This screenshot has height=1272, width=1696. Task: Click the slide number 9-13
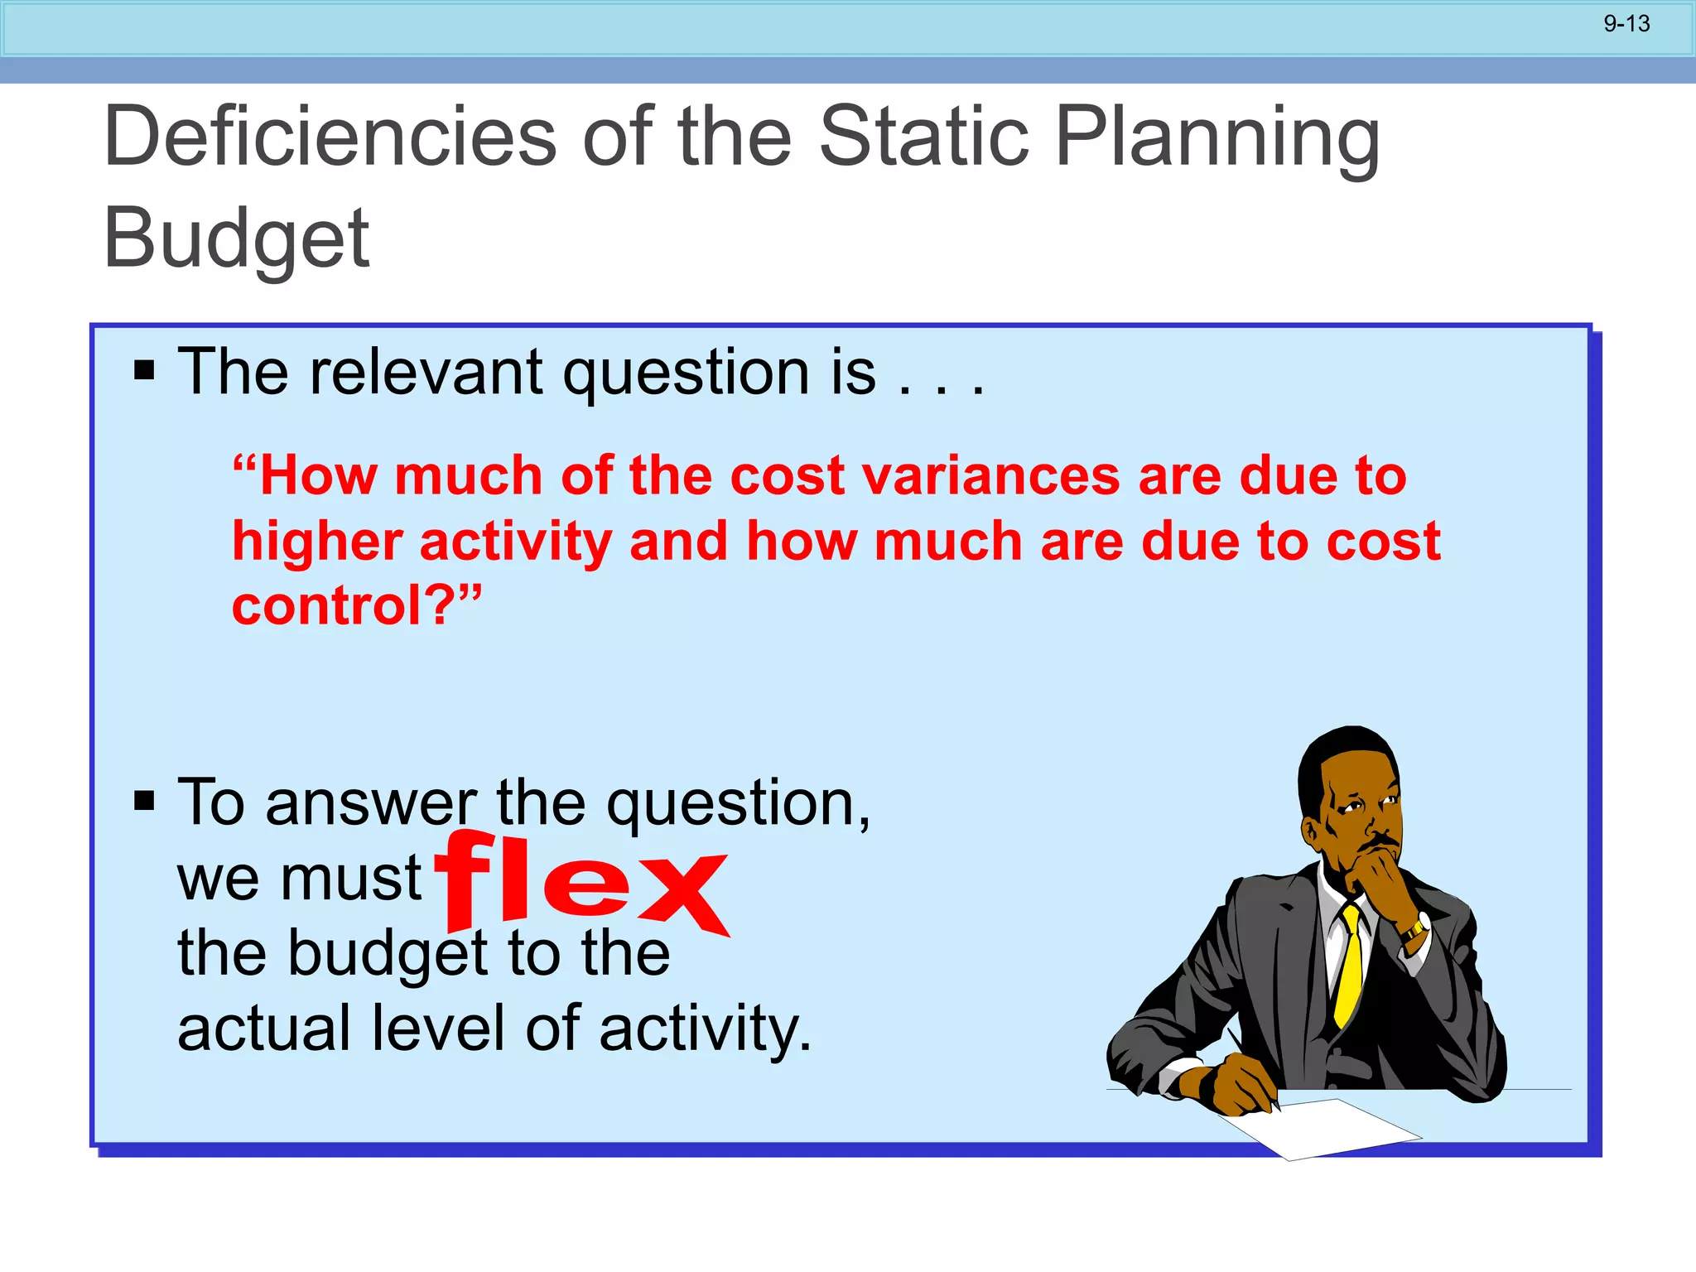(1626, 24)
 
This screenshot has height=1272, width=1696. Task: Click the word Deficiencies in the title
(330, 137)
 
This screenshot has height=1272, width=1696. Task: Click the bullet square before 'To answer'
(145, 801)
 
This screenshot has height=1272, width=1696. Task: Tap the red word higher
(317, 542)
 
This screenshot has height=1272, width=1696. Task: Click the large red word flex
(582, 883)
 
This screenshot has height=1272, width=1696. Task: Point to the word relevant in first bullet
(426, 372)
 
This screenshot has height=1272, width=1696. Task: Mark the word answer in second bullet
(371, 803)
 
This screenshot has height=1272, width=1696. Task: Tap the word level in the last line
(437, 1029)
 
